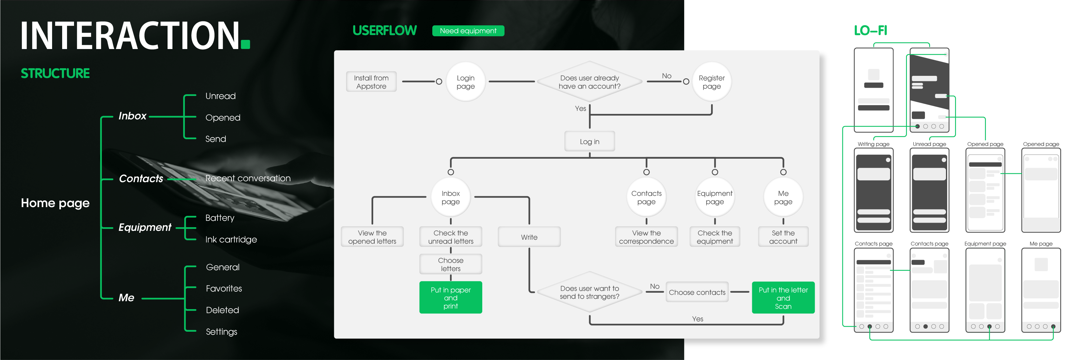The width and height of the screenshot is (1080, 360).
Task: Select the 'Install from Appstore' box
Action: click(371, 82)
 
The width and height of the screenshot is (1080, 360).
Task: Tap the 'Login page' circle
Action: click(466, 82)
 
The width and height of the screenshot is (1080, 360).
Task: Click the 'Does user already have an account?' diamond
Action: click(589, 82)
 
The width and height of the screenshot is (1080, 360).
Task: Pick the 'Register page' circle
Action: click(711, 82)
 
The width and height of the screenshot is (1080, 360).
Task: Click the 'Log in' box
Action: click(590, 142)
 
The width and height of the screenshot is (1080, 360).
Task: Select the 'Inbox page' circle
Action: click(451, 197)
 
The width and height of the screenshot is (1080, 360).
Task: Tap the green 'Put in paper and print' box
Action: click(451, 298)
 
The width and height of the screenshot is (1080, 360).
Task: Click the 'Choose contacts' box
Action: click(697, 292)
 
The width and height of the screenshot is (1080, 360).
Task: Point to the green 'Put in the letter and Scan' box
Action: click(783, 298)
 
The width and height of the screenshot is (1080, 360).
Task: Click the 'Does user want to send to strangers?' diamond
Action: click(589, 292)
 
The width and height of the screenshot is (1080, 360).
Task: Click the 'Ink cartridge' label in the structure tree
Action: click(231, 240)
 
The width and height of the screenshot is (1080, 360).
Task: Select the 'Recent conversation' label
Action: click(248, 178)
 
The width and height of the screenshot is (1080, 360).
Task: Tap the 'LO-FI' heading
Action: click(870, 30)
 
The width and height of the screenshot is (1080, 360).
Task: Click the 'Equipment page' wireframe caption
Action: click(985, 243)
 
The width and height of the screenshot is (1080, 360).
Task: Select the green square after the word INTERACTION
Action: click(246, 44)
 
